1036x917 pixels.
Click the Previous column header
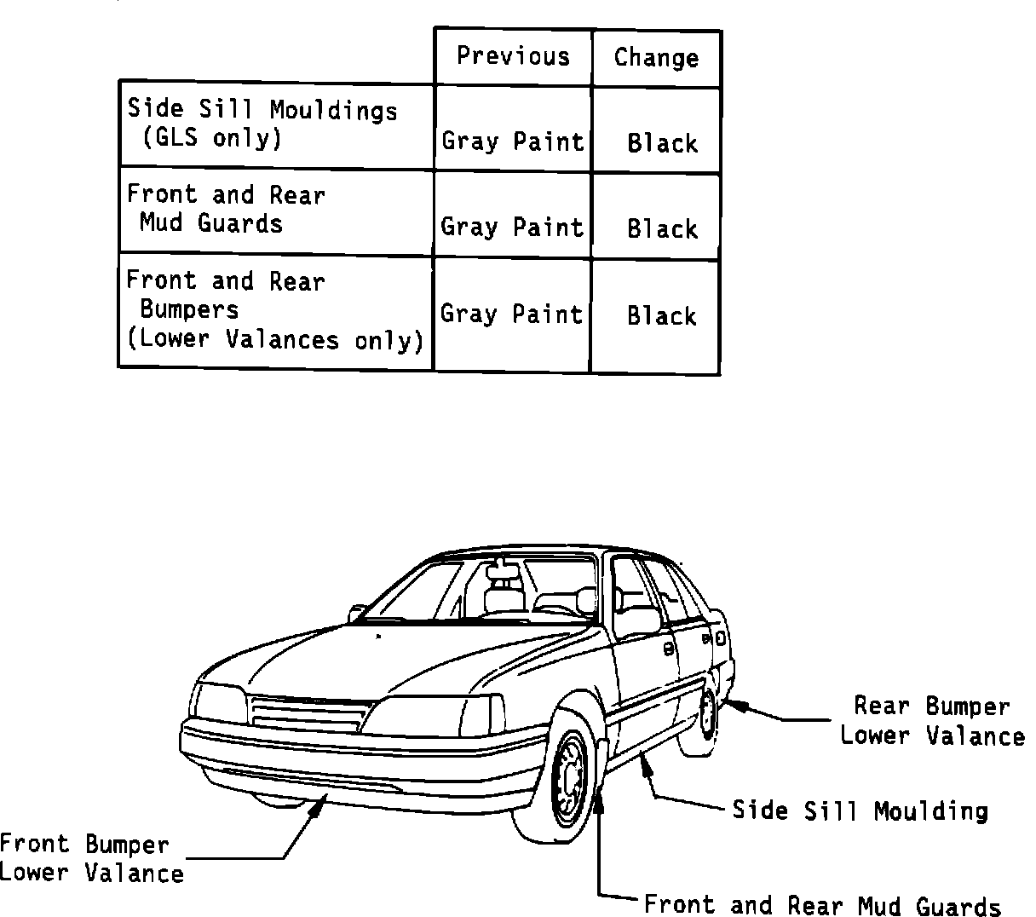tap(513, 56)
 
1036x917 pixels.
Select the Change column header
tap(656, 58)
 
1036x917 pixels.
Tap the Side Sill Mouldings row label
tap(262, 124)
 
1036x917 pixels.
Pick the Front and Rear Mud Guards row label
tap(226, 209)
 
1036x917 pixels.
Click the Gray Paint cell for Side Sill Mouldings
tap(513, 141)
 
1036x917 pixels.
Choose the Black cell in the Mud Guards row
tap(662, 228)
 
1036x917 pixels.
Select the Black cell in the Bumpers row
tap(662, 315)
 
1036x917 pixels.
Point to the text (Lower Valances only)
tap(274, 339)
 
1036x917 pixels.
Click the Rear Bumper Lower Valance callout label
tap(932, 721)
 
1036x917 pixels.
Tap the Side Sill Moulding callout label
tap(860, 810)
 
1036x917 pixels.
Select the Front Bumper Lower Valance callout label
tap(90, 858)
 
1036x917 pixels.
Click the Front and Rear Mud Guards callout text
tap(822, 905)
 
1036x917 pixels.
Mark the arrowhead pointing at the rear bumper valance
tap(733, 705)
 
